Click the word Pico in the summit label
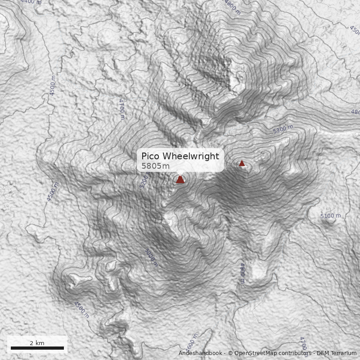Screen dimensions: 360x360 pyautogui.click(x=151, y=156)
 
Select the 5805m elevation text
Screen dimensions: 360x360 pyautogui.click(x=156, y=166)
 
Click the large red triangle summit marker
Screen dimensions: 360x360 pyautogui.click(x=180, y=180)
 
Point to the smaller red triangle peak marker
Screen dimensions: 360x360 pyautogui.click(x=242, y=163)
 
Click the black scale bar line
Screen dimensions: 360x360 pyautogui.click(x=37, y=348)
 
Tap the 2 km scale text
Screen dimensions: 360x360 pyautogui.click(x=37, y=343)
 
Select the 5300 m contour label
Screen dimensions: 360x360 pyautogui.click(x=283, y=129)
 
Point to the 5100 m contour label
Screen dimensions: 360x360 pyautogui.click(x=330, y=216)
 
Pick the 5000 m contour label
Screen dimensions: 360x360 pyautogui.click(x=151, y=257)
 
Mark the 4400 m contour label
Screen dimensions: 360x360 pyautogui.click(x=31, y=2)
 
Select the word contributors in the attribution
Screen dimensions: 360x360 pyautogui.click(x=295, y=354)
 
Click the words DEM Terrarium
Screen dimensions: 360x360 pyautogui.click(x=337, y=354)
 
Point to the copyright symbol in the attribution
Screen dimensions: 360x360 pyautogui.click(x=230, y=354)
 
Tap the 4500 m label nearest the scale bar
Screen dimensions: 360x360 pyautogui.click(x=81, y=310)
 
